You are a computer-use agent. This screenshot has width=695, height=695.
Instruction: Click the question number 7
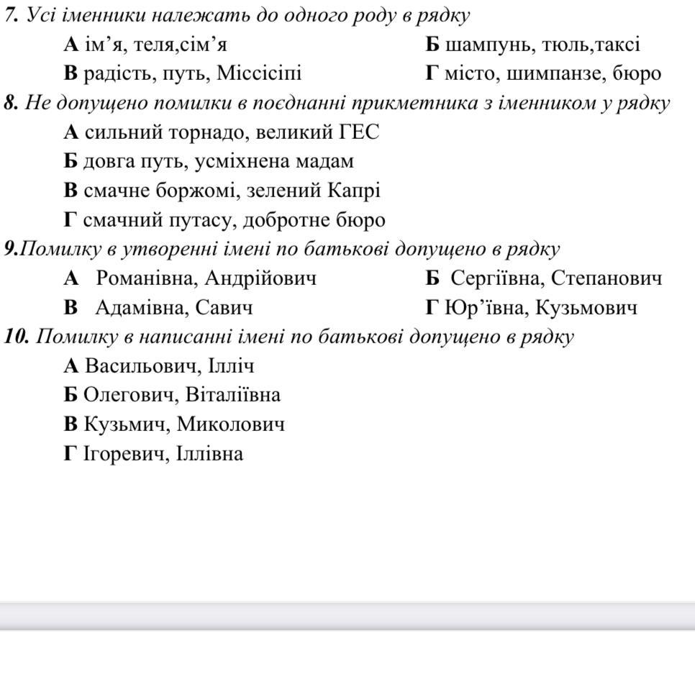click(11, 15)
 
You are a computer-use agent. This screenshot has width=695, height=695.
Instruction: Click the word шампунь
click(481, 45)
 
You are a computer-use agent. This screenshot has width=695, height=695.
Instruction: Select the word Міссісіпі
click(260, 73)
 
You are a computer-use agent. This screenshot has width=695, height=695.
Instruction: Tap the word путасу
click(199, 220)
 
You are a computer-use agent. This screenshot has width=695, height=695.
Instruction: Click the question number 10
click(17, 337)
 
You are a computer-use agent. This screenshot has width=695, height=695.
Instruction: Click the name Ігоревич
click(124, 454)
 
